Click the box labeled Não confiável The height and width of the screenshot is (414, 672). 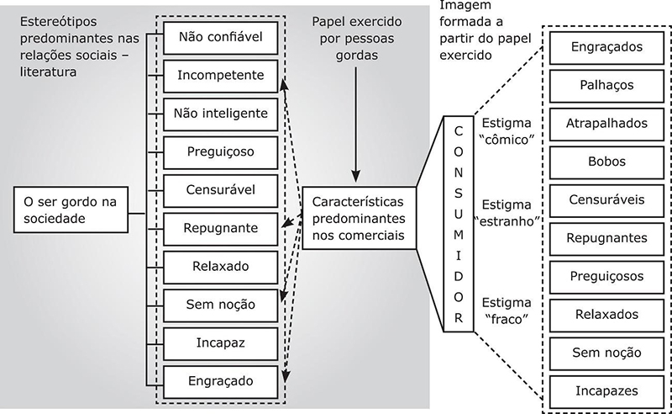[x=220, y=36]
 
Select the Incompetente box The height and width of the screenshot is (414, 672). [x=220, y=75]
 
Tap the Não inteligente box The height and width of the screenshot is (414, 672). [x=220, y=113]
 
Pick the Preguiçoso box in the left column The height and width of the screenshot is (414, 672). [x=220, y=151]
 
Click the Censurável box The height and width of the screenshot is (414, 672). [x=220, y=189]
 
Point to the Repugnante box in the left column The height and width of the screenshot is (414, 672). [x=220, y=227]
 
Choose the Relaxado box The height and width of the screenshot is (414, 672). [x=220, y=266]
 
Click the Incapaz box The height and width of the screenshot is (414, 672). [x=220, y=342]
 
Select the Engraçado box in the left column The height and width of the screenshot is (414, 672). [x=220, y=380]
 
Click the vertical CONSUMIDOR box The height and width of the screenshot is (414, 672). [x=458, y=225]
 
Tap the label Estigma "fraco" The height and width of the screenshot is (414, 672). [x=507, y=310]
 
